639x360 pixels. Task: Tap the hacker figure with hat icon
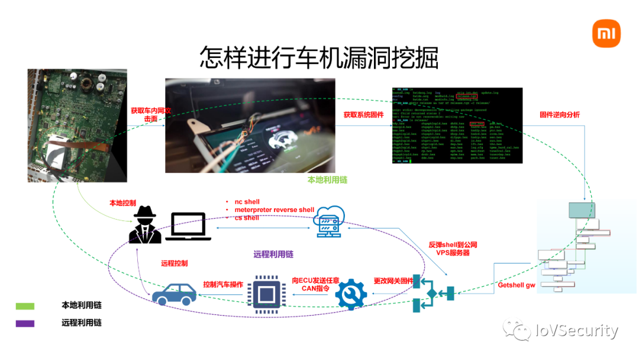coord(145,225)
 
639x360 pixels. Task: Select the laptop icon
coord(188,227)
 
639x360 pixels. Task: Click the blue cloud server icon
coord(329,221)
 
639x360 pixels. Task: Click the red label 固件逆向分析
coord(559,114)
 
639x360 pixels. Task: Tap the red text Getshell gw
coord(516,285)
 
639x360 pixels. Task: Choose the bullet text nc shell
coord(247,202)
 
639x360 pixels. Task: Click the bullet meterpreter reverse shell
coord(274,210)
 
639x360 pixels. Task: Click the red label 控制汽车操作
coord(223,284)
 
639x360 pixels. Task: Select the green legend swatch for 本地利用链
coord(25,306)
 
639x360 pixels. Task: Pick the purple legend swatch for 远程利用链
coord(25,324)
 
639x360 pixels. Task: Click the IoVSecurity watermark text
coord(577,330)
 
